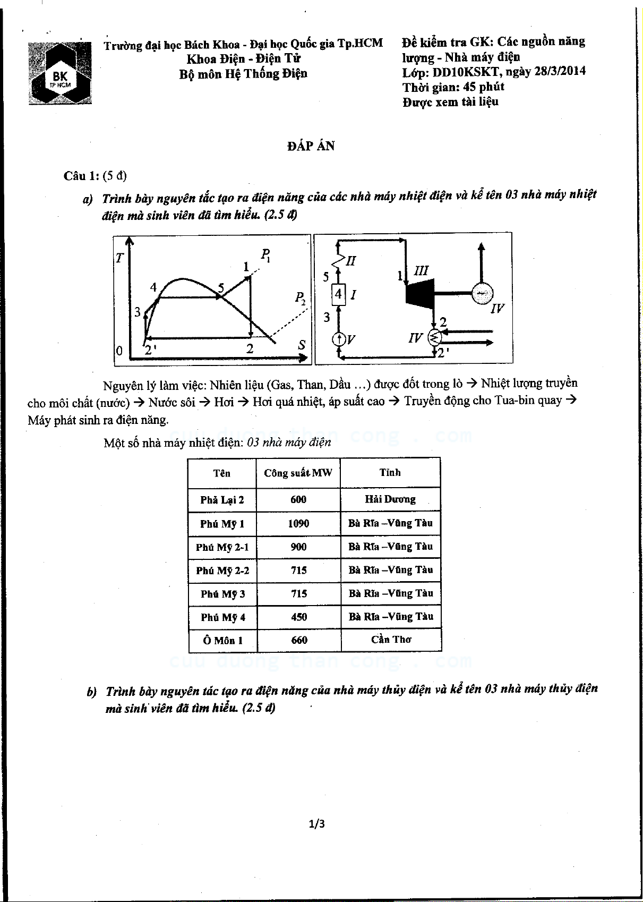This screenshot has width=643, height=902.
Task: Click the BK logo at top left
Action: pos(60,73)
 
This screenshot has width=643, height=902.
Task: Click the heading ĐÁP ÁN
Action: pos(311,146)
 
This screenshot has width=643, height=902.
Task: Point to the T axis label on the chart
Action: pos(120,258)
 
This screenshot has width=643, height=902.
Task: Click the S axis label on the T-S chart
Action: pos(302,345)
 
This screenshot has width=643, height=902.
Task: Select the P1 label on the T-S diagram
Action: pos(265,254)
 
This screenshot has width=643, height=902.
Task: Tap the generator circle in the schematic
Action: pos(482,293)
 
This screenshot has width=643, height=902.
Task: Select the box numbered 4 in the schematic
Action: pos(338,294)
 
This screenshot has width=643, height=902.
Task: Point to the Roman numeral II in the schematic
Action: pos(350,261)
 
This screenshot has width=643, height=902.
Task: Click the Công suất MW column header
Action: pos(298,473)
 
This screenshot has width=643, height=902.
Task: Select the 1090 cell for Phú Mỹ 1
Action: pos(298,524)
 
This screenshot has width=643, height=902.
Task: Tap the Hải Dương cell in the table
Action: pos(390,499)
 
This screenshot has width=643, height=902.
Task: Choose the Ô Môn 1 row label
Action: pos(222,641)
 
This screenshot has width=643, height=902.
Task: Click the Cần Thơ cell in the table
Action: pos(391,640)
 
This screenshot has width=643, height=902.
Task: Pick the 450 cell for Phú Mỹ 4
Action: pos(299,617)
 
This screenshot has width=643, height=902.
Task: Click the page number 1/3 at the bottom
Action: pos(316,824)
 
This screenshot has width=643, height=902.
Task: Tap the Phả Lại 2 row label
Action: pos(222,500)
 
